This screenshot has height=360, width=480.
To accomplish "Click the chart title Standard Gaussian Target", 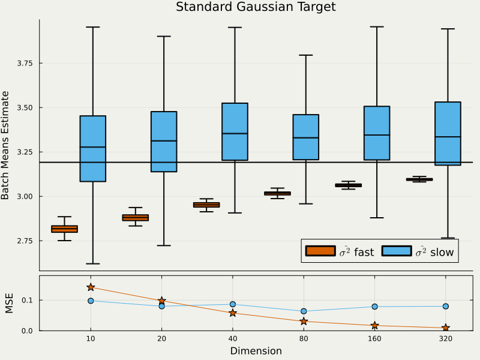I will [256, 7].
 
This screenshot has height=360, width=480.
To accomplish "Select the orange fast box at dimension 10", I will [64, 229].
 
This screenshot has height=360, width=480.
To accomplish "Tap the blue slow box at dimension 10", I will [93, 148].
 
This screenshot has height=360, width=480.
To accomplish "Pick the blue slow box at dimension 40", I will [235, 131].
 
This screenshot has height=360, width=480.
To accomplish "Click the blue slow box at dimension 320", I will [448, 133].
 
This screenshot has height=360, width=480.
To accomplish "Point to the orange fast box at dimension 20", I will [136, 217].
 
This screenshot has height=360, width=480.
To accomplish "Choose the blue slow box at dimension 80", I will [305, 137].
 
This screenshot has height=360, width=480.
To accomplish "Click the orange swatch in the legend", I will [320, 251].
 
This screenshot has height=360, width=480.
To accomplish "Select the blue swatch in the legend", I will [396, 251].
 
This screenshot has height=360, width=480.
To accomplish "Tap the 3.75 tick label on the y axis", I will [25, 63].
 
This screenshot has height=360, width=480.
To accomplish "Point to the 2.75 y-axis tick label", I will [25, 241].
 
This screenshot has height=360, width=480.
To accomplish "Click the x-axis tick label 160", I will [374, 339].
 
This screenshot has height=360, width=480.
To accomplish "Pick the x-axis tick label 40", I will [232, 339].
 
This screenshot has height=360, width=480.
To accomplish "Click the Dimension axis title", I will [256, 351].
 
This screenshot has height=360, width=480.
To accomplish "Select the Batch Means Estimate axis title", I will [6, 145].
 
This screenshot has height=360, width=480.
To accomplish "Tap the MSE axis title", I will [9, 303].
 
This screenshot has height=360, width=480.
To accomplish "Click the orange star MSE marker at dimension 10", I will [91, 287].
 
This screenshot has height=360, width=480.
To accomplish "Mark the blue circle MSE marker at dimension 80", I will [304, 311].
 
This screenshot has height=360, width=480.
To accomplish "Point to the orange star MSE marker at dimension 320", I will [446, 328].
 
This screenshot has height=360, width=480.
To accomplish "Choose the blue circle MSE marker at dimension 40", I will [233, 304].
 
